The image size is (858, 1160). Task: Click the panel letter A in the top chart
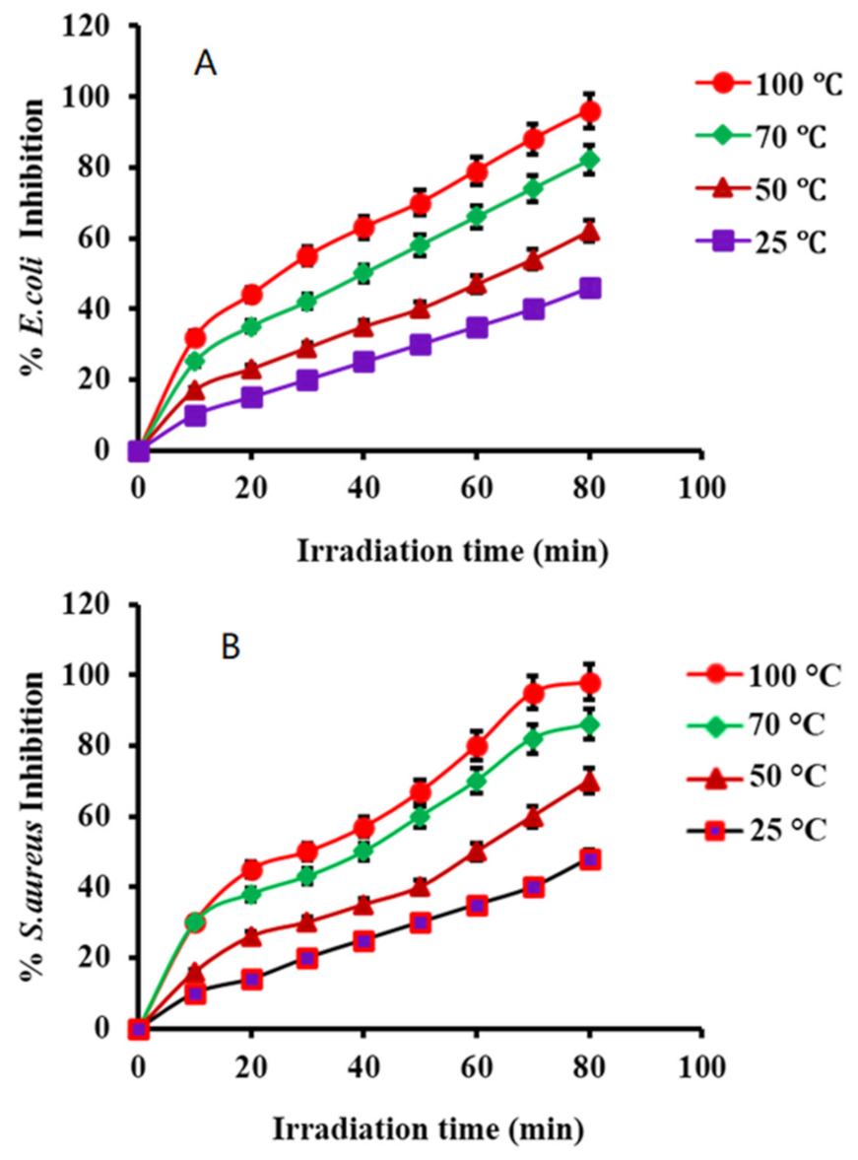click(205, 65)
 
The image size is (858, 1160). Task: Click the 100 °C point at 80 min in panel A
click(590, 112)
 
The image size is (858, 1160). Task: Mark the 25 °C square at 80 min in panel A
click(590, 288)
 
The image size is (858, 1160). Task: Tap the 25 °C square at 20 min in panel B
click(251, 980)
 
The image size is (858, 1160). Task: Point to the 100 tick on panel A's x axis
click(701, 487)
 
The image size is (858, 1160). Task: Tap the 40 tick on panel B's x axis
click(363, 1065)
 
